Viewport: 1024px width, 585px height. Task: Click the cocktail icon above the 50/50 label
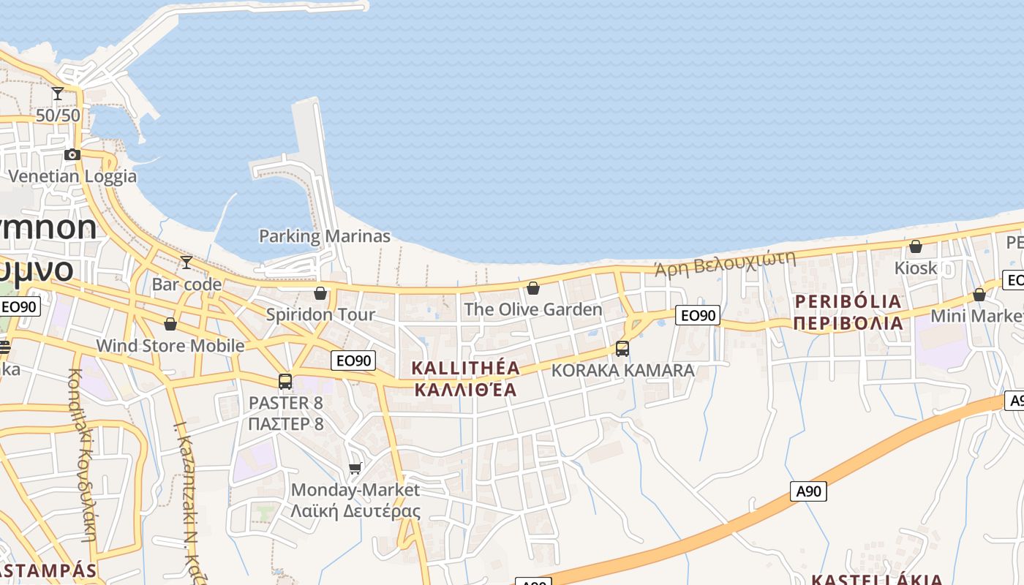click(58, 94)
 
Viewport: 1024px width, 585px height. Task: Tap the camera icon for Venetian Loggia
click(72, 154)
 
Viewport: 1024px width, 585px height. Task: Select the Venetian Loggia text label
click(72, 176)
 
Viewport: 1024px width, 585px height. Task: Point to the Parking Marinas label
click(325, 236)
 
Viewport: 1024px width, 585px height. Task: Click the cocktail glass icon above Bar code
click(187, 263)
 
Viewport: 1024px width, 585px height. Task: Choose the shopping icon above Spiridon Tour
click(320, 293)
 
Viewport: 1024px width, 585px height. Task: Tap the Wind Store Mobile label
click(170, 345)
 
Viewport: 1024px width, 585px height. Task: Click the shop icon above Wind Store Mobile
click(170, 323)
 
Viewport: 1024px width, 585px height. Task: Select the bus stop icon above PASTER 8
click(285, 381)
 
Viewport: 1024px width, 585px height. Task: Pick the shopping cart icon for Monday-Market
click(355, 468)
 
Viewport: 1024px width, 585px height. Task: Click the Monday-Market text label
click(355, 489)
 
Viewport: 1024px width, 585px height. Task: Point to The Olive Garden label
click(533, 309)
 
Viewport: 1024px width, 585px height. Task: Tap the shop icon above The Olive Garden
click(533, 288)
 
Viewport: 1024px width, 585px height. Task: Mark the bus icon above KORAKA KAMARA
click(622, 349)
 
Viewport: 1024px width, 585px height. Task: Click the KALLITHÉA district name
click(466, 368)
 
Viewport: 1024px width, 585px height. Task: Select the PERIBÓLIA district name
click(848, 301)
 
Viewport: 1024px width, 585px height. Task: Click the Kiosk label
click(916, 268)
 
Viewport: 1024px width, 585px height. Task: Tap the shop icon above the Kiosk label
click(916, 246)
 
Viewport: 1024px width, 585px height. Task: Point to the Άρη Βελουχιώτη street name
click(724, 263)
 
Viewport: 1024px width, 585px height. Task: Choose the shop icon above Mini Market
click(979, 295)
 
